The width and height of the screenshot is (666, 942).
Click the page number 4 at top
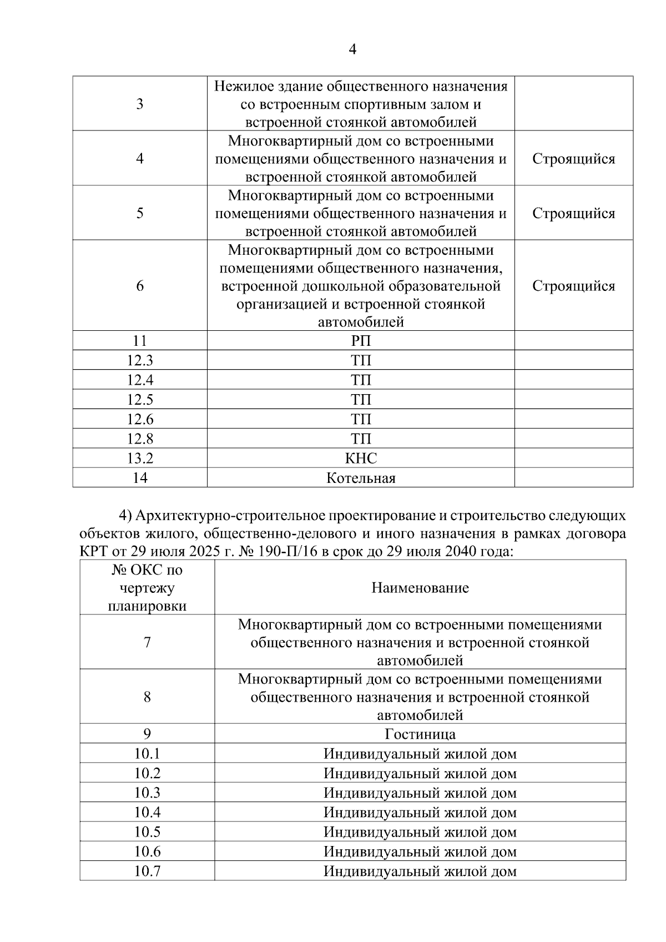[352, 49]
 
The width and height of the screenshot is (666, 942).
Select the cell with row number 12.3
[140, 360]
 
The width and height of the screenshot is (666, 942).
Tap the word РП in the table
[361, 341]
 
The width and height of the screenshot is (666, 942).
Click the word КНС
[361, 458]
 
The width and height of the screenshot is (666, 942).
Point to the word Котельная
[361, 478]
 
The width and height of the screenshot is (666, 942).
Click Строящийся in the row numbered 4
[573, 159]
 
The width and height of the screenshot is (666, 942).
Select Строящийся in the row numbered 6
[573, 286]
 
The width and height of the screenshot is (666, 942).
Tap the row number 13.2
[140, 458]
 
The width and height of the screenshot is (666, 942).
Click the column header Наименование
[420, 587]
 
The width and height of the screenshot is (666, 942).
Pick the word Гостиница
[420, 734]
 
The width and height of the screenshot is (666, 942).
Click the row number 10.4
[147, 812]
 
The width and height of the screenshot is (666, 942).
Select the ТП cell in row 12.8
[361, 439]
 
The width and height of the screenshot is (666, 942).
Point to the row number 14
[140, 478]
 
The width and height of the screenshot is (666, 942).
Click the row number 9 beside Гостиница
[147, 734]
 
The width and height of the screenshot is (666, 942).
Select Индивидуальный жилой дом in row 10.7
[420, 871]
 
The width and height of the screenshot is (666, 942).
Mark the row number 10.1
[147, 753]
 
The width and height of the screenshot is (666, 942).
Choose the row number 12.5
[140, 399]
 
